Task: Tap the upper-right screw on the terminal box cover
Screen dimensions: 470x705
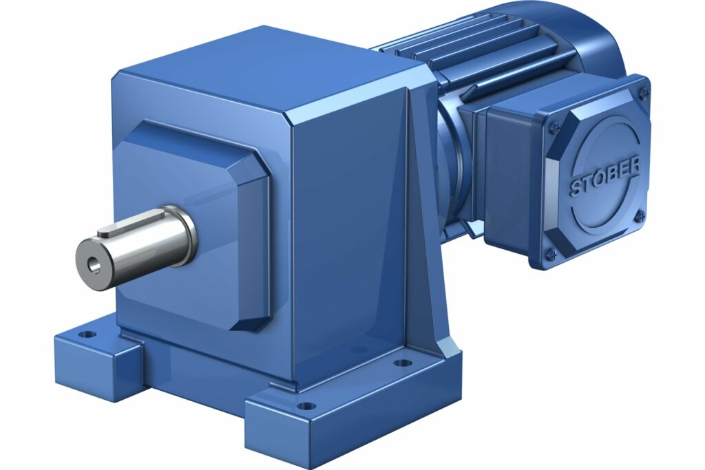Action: tap(643, 90)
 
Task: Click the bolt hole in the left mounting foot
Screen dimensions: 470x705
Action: tap(87, 335)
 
